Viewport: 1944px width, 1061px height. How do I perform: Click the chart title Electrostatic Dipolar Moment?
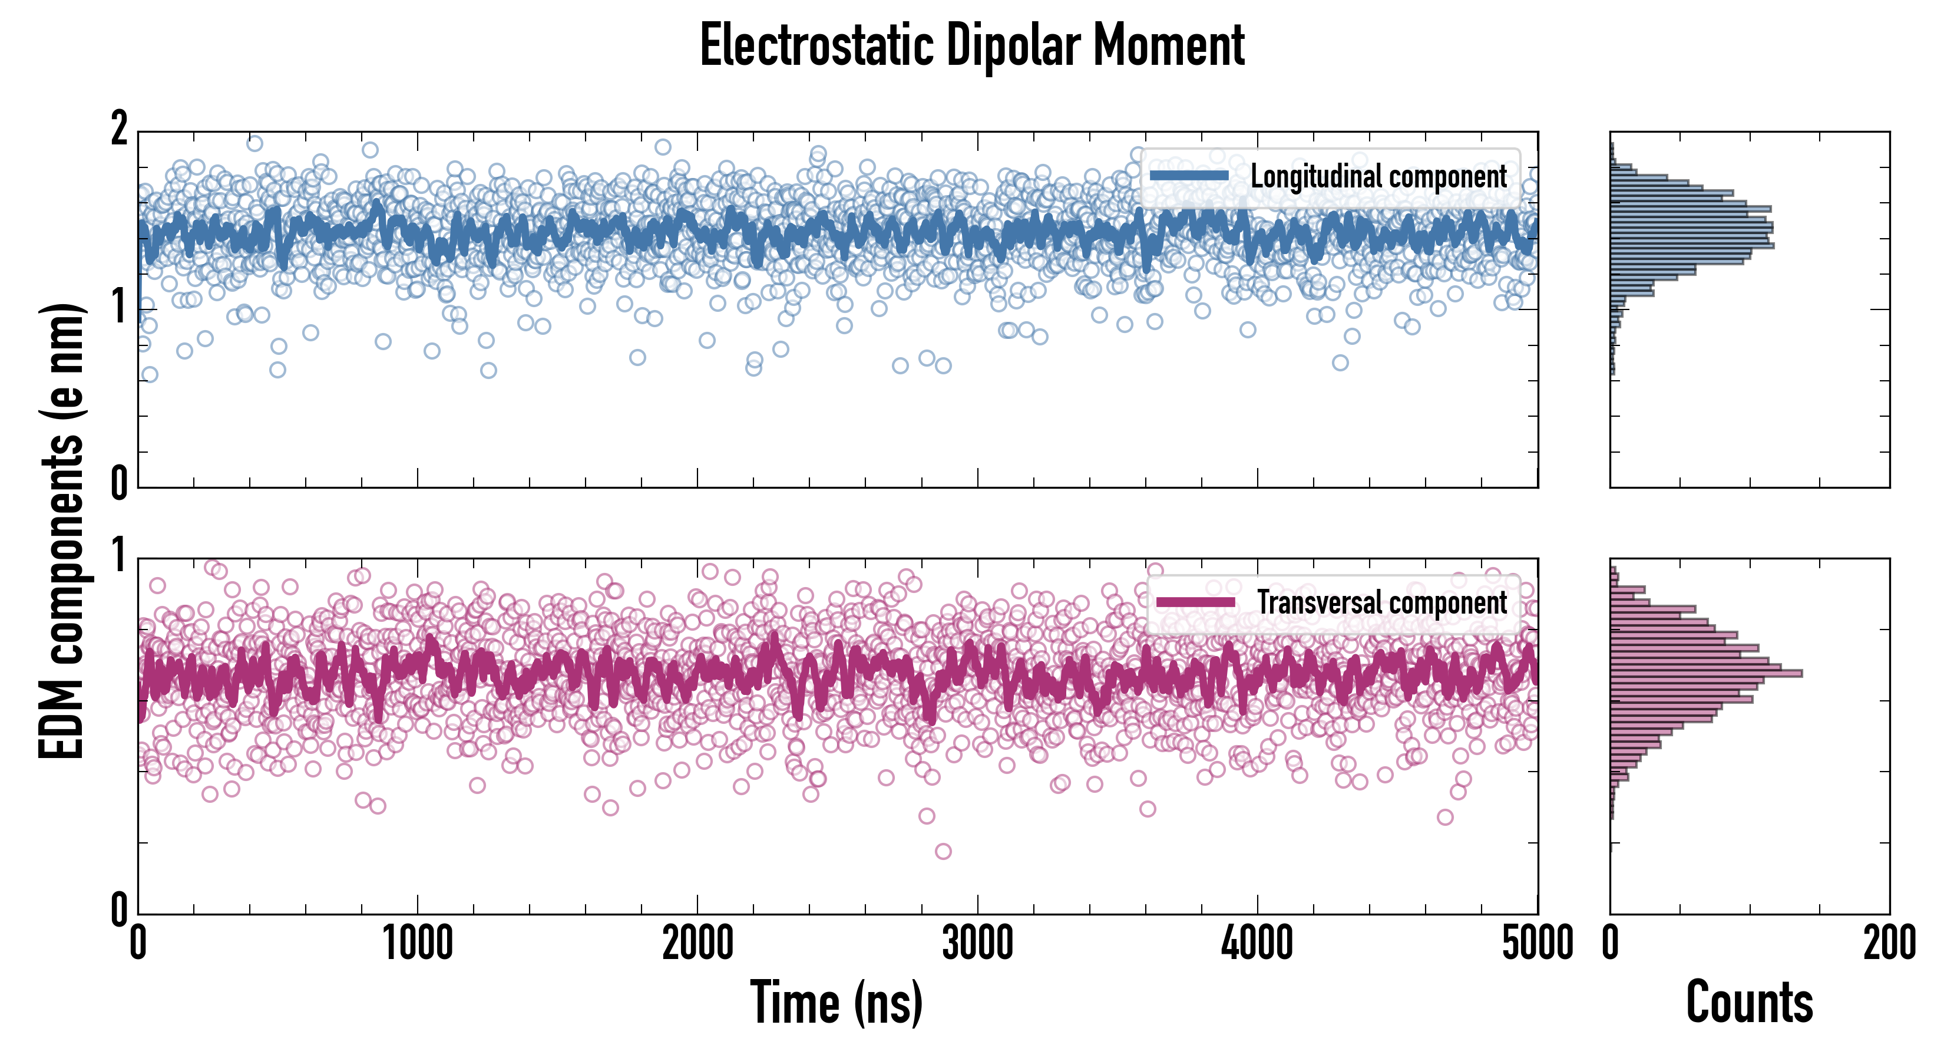point(972,45)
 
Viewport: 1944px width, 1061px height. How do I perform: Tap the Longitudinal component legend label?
point(1378,177)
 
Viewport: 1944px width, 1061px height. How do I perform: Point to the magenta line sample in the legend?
point(1195,602)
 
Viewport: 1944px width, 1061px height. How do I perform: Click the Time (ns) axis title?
point(836,1002)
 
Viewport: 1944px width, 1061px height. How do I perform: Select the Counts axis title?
point(1749,1002)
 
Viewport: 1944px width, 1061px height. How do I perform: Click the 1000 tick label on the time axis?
point(417,944)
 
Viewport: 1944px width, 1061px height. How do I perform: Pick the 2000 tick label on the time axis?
point(697,944)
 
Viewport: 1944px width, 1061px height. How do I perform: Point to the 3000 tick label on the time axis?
point(977,944)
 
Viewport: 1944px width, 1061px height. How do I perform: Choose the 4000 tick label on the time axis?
point(1257,944)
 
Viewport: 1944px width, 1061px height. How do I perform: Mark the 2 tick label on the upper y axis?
point(118,130)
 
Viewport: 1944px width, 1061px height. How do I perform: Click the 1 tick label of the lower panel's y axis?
point(118,556)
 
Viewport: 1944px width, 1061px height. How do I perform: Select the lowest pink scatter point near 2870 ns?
point(943,852)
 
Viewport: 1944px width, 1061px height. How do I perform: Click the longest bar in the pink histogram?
point(1705,673)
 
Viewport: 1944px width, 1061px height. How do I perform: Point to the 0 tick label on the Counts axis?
point(1611,944)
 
